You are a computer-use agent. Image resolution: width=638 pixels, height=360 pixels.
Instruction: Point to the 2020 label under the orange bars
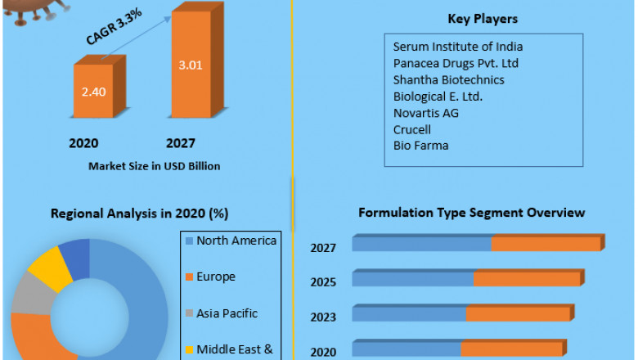[83, 144]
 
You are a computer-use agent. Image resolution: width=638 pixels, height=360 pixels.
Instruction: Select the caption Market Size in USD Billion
[155, 166]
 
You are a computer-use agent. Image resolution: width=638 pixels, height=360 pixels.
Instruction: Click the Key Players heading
[483, 19]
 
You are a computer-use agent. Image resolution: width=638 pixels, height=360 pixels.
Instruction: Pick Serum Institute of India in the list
[457, 47]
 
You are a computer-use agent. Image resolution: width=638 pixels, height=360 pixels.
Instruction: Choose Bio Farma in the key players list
[420, 146]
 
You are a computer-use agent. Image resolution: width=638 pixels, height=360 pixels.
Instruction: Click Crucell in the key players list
[411, 129]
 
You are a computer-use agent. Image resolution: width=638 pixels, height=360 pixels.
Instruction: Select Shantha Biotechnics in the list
[448, 79]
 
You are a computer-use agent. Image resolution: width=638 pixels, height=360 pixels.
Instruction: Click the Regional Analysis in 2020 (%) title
[140, 214]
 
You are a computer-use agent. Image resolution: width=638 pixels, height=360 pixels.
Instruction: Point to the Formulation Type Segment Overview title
[472, 213]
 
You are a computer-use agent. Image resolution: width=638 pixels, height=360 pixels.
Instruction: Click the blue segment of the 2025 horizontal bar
[413, 279]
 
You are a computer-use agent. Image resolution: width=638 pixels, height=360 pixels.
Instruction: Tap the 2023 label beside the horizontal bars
[322, 317]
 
